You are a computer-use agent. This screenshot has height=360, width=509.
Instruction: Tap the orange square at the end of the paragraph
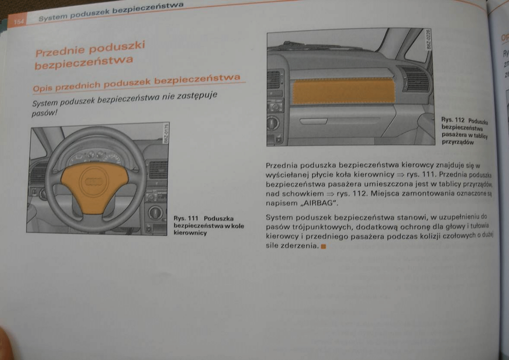(323, 246)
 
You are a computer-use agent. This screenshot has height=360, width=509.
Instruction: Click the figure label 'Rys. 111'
(185, 218)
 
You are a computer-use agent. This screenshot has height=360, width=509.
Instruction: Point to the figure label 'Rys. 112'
(453, 120)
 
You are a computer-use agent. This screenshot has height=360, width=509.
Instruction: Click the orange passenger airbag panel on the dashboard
(342, 91)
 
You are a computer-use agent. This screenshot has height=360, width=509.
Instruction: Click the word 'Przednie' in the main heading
(59, 51)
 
